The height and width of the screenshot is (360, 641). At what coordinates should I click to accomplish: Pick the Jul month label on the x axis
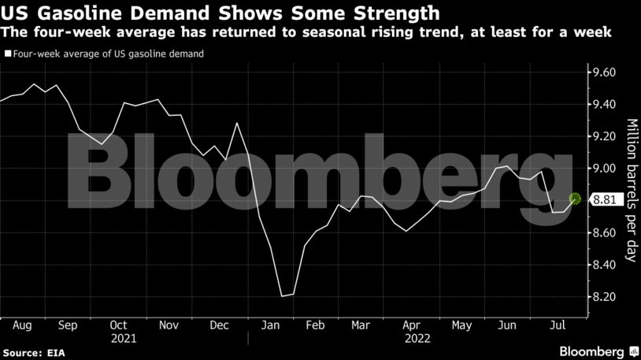click(557, 324)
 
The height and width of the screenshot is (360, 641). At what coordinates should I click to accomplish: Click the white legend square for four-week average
click(7, 54)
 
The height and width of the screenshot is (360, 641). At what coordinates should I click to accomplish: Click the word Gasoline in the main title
click(78, 13)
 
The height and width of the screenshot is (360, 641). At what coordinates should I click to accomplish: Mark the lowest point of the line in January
click(282, 296)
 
